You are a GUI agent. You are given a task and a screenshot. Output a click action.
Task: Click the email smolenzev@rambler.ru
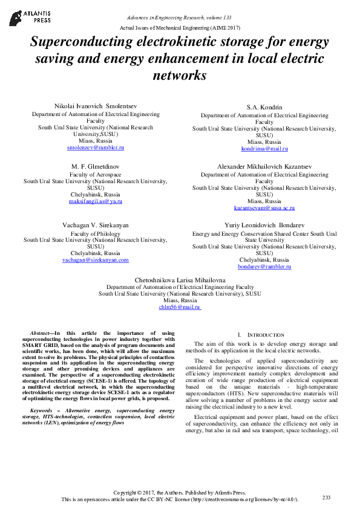(95, 148)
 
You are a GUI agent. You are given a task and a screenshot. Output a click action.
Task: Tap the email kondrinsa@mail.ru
(264, 148)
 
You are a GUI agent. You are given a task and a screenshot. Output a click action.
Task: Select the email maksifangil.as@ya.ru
(95, 201)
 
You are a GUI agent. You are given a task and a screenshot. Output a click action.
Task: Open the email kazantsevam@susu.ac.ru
(264, 207)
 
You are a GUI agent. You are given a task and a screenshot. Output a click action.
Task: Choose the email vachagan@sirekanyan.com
(96, 260)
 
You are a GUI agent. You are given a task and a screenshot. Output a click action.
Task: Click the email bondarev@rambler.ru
(264, 266)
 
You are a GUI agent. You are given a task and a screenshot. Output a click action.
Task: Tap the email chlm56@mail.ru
(180, 307)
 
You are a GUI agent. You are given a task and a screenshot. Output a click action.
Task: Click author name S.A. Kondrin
(264, 107)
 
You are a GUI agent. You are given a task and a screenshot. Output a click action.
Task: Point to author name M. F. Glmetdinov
(95, 166)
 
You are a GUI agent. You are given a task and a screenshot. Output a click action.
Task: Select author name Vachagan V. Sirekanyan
(95, 225)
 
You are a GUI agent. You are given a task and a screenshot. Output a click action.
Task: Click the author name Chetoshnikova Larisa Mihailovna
(180, 280)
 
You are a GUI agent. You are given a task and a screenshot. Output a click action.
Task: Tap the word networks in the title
(180, 76)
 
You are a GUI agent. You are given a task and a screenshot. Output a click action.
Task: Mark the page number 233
(326, 497)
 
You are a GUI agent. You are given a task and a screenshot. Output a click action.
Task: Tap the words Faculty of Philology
(96, 233)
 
